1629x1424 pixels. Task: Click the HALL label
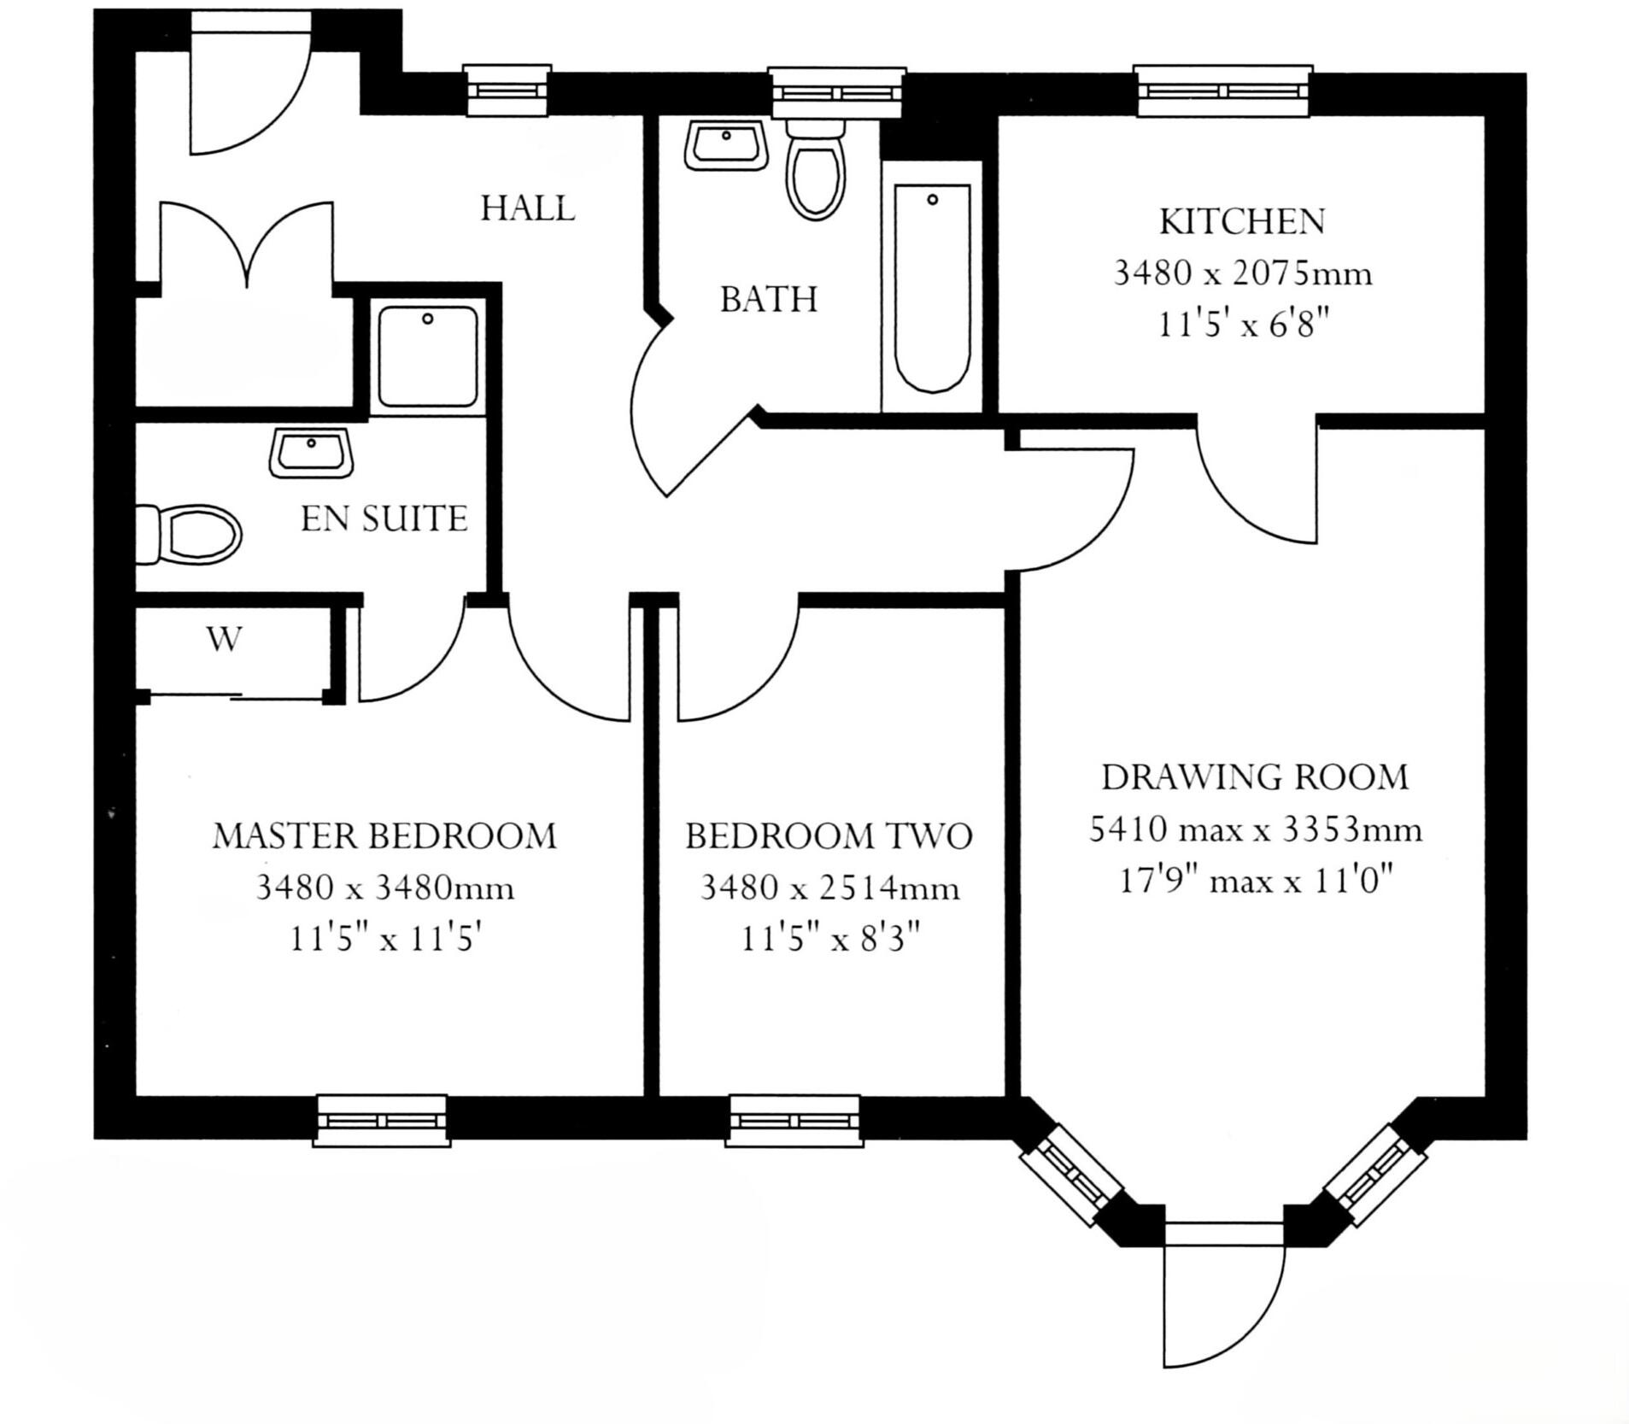(527, 208)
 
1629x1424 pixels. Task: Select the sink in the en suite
(311, 453)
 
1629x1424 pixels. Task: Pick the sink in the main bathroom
(725, 145)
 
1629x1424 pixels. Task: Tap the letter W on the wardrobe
(224, 639)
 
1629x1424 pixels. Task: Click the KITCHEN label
(1241, 222)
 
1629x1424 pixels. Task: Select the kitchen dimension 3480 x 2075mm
(1242, 274)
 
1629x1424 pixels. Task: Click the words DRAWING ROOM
(1254, 777)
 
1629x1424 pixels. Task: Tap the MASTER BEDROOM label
(384, 835)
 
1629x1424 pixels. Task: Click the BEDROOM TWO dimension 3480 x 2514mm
(829, 888)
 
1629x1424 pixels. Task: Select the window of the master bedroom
(381, 1120)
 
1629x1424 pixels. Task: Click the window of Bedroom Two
(794, 1120)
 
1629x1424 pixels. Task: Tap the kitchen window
(1223, 91)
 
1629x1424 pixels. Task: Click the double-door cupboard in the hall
(247, 256)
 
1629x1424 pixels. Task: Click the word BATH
(769, 300)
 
